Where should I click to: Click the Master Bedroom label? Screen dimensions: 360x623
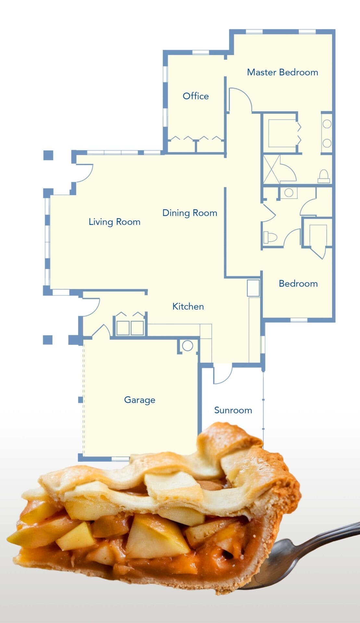(282, 72)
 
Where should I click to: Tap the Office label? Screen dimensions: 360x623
(195, 96)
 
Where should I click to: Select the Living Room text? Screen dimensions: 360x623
(115, 222)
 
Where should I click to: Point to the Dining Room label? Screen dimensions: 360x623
(190, 213)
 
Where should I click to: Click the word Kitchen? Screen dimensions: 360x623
(188, 306)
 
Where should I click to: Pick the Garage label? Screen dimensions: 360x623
(140, 400)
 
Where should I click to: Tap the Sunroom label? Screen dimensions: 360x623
(233, 410)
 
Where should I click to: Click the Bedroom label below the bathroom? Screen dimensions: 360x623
(298, 284)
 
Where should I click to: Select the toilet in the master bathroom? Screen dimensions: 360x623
(324, 177)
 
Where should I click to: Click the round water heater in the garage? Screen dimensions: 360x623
(187, 346)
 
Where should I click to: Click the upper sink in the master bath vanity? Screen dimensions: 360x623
(327, 124)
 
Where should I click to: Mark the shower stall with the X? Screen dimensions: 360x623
(271, 169)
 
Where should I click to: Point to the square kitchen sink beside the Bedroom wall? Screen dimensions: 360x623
(253, 288)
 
